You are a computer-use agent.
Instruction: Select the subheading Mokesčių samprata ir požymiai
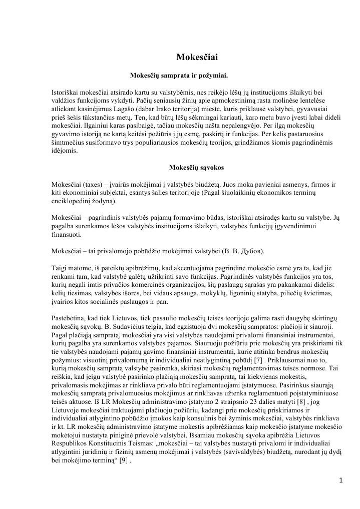pos(179,77)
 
